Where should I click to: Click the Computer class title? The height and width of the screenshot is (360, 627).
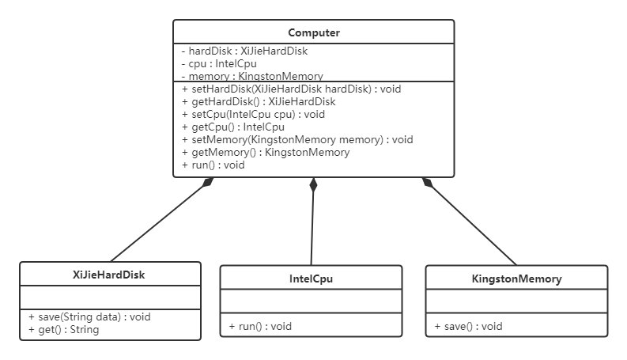coord(314,32)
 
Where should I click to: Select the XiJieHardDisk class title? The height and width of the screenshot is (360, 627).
coord(109,275)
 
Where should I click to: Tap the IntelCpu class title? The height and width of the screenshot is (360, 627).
coord(311,279)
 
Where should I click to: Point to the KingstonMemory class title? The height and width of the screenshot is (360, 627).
coord(516,279)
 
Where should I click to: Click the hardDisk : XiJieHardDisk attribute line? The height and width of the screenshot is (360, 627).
coord(244,51)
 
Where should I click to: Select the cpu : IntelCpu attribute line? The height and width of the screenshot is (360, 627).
coord(219,63)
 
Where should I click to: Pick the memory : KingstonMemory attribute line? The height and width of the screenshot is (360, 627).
coord(252,76)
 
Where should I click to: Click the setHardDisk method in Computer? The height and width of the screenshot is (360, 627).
coord(291,89)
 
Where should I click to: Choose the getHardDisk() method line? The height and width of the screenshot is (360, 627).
coord(259,101)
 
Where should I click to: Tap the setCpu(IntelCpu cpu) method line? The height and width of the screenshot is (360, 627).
coord(253,115)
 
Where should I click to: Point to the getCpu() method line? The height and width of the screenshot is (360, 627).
coord(233,127)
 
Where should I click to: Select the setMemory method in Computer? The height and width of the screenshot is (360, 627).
coord(297,139)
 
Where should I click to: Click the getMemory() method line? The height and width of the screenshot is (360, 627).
coord(266,153)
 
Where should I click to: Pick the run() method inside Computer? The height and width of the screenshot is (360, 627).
coord(213,165)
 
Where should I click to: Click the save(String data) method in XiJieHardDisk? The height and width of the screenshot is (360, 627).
coord(89,316)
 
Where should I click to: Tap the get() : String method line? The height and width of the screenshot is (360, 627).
coord(63,330)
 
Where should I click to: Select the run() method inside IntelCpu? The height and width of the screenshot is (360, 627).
coord(260,327)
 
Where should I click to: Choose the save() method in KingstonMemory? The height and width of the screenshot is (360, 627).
coord(468,327)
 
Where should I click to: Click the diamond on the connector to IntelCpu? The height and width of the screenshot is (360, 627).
coord(313,185)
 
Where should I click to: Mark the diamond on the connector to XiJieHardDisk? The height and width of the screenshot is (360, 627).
coord(207,182)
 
